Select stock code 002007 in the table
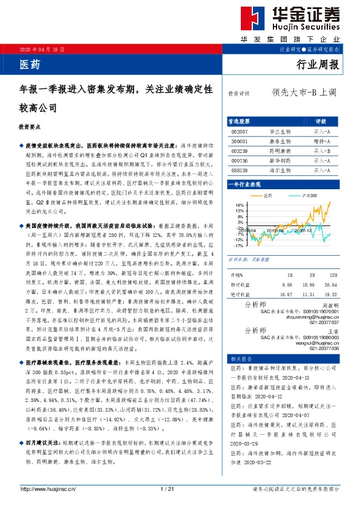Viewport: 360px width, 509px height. tap(240, 131)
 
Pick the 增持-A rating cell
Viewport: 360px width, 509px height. tap(321, 140)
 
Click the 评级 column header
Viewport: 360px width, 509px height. tap(321, 121)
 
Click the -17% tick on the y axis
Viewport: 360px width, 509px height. tap(238, 246)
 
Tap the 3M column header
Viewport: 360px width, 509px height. tap(309, 274)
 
